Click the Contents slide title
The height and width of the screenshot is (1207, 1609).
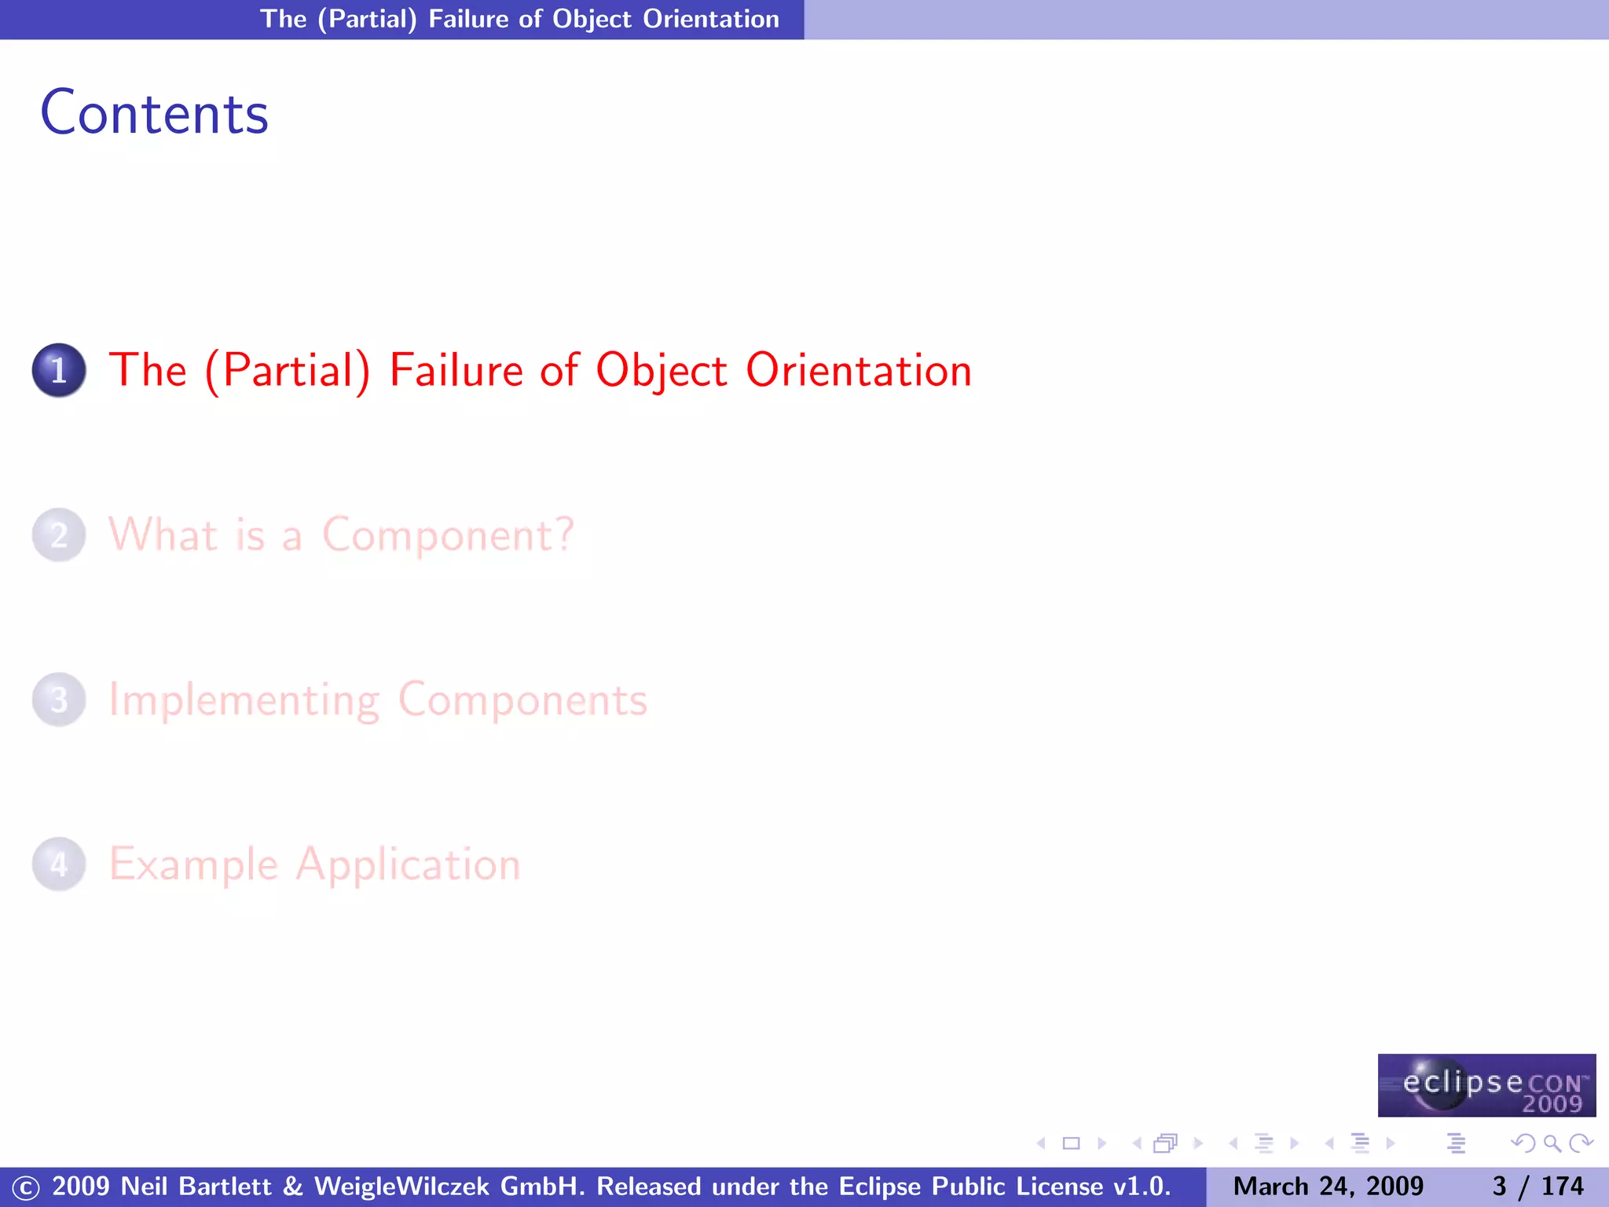(154, 113)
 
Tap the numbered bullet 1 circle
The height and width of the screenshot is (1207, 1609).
(59, 370)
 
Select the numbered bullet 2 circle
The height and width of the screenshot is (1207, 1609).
(59, 535)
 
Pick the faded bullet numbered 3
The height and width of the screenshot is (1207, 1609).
(59, 699)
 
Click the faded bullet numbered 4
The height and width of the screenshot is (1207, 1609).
(59, 864)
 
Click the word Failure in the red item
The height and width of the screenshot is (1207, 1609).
(456, 370)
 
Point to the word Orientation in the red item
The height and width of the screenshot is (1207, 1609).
(858, 370)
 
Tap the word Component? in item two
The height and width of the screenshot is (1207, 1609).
(448, 535)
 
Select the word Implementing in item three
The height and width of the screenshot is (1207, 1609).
(244, 699)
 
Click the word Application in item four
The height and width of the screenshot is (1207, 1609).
(408, 864)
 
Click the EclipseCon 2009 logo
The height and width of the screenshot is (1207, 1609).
(1486, 1085)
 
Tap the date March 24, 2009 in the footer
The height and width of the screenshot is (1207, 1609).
(1328, 1186)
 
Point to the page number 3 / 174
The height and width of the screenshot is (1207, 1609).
(1538, 1186)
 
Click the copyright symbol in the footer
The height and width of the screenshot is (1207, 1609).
(25, 1187)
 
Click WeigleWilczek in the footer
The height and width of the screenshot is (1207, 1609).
(401, 1186)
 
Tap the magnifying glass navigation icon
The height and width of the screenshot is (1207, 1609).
(1552, 1143)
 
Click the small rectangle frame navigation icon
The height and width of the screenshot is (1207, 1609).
(1071, 1143)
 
